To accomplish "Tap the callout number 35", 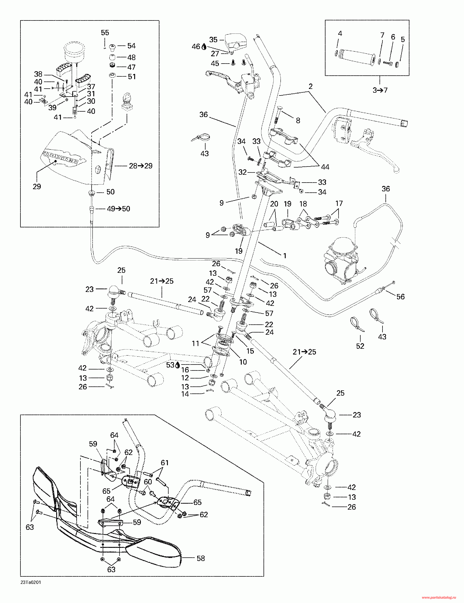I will pyautogui.click(x=213, y=40).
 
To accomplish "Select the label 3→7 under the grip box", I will pyautogui.click(x=380, y=90).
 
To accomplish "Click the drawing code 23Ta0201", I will pyautogui.click(x=31, y=583).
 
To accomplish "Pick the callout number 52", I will pyautogui.click(x=360, y=346).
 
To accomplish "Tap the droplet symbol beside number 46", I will pyautogui.click(x=204, y=47).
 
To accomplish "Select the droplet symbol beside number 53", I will pyautogui.click(x=177, y=365).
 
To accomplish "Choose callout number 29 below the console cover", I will pyautogui.click(x=37, y=187).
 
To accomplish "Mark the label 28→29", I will pyautogui.click(x=141, y=166).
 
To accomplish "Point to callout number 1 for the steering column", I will pyautogui.click(x=285, y=256).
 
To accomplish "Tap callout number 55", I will pyautogui.click(x=105, y=33).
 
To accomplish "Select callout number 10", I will pyautogui.click(x=243, y=362).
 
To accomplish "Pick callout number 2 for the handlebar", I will pyautogui.click(x=310, y=86).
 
